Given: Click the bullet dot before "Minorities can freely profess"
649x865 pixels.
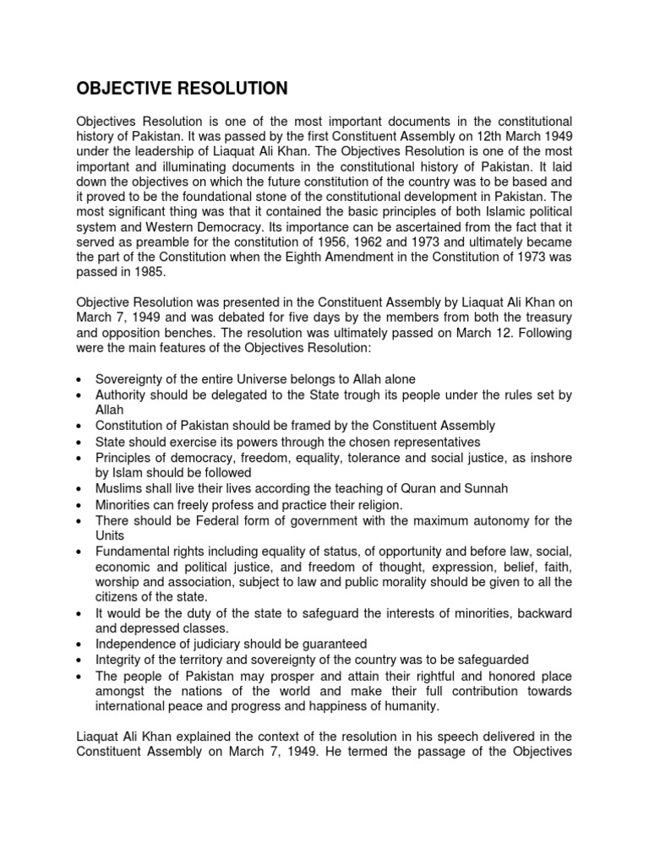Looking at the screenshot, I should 79,504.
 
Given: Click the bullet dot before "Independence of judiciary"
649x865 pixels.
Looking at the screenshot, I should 79,645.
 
